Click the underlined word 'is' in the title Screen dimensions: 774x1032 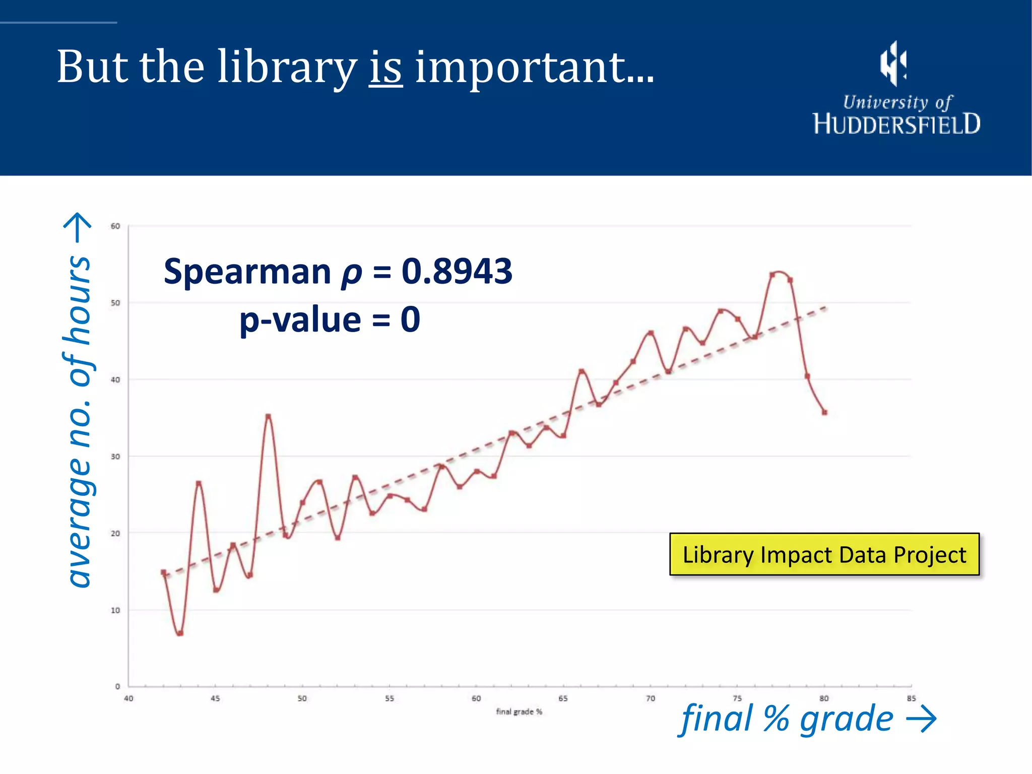[385, 68]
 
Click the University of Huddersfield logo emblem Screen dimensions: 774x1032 [893, 63]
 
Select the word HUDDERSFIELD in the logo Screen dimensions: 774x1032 [896, 124]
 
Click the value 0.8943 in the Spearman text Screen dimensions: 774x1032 [457, 272]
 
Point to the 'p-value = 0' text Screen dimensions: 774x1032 [330, 319]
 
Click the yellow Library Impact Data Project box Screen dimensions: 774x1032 [824, 554]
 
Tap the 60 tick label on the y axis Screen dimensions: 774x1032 [115, 226]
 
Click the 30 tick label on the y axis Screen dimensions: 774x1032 [115, 457]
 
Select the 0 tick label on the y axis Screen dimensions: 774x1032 [117, 686]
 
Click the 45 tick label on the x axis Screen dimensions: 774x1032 [215, 698]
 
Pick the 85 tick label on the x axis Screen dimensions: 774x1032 [911, 698]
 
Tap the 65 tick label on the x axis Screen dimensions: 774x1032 [563, 698]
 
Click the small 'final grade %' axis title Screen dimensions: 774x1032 [519, 712]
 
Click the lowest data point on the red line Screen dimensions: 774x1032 [180, 633]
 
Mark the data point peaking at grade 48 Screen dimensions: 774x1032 [268, 417]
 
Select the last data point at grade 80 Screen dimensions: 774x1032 [824, 412]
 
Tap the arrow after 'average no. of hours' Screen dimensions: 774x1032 [78, 227]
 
